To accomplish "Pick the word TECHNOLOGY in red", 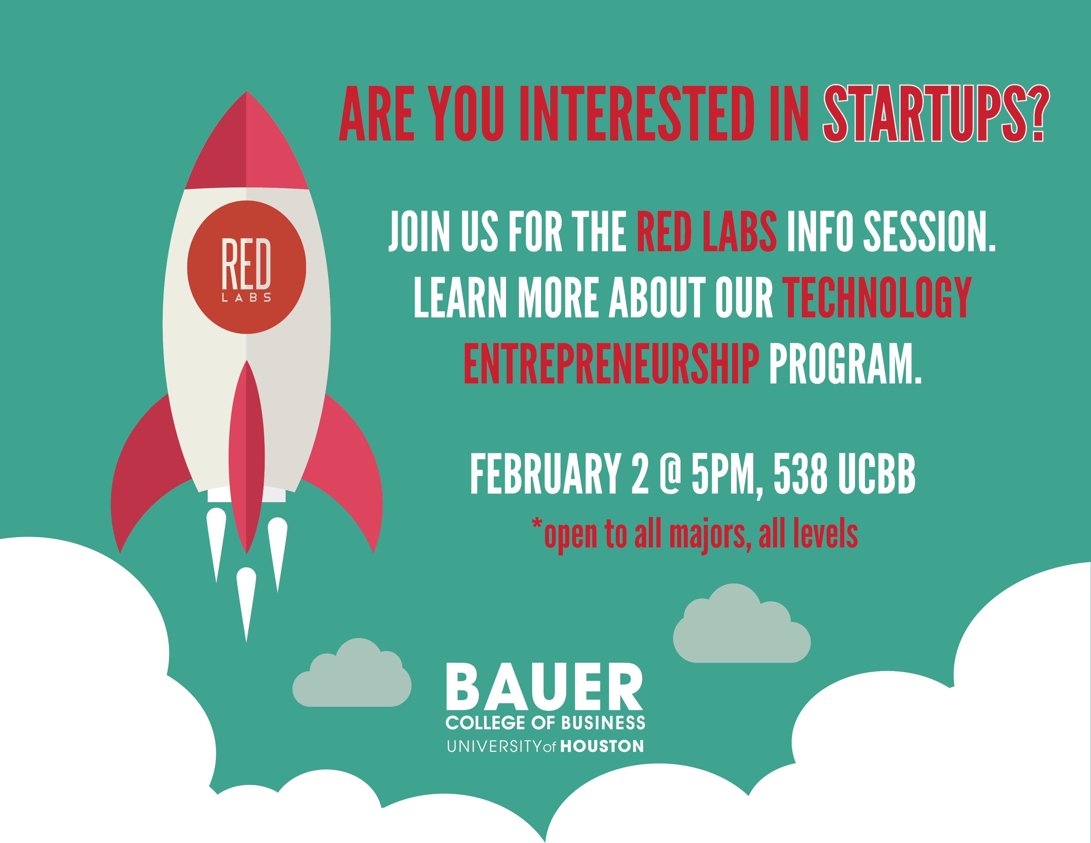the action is point(877,298).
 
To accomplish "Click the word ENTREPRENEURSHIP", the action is point(611,363).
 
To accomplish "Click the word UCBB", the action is point(877,474).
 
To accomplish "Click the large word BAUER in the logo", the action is point(544,687).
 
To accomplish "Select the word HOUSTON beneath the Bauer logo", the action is point(602,746).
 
